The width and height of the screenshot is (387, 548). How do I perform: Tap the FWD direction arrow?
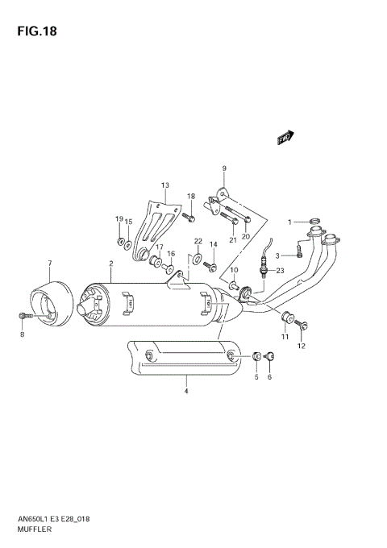(285, 138)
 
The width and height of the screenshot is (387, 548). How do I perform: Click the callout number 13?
(164, 185)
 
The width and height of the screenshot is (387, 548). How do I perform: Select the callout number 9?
(224, 168)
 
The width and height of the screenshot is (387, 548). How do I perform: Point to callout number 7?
(49, 264)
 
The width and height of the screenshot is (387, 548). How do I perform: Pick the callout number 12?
(302, 347)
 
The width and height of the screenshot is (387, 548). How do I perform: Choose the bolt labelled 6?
(268, 356)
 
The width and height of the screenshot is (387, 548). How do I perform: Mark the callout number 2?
(110, 264)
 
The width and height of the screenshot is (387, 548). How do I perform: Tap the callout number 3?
(277, 256)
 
